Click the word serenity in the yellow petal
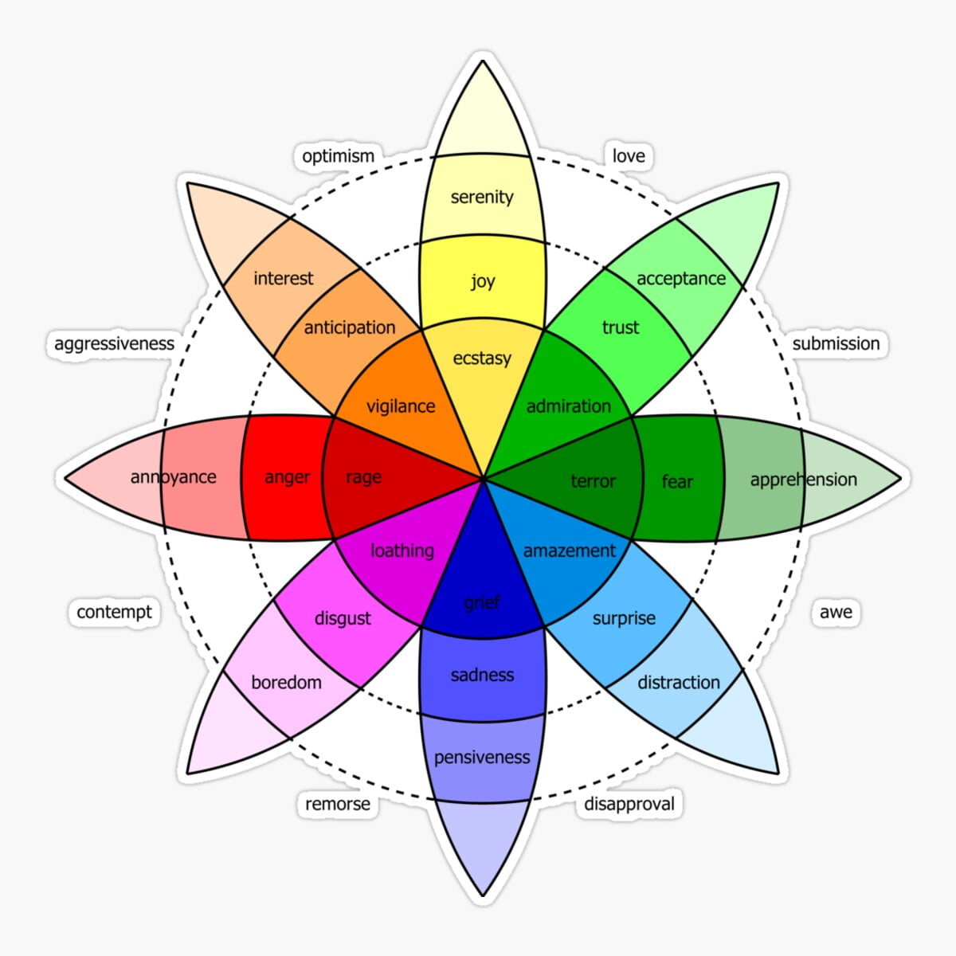[482, 197]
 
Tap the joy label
[483, 280]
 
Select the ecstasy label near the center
[482, 358]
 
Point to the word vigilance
[401, 406]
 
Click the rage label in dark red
[363, 477]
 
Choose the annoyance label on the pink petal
[173, 477]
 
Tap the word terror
[593, 481]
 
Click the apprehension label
[803, 480]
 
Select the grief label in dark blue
[482, 603]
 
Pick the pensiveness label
[482, 757]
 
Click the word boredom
[286, 683]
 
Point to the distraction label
[679, 683]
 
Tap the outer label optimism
[338, 156]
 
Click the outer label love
[629, 156]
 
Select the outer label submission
[836, 344]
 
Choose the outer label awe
[836, 612]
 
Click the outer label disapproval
[629, 804]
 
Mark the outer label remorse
[338, 805]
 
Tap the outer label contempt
[114, 612]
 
